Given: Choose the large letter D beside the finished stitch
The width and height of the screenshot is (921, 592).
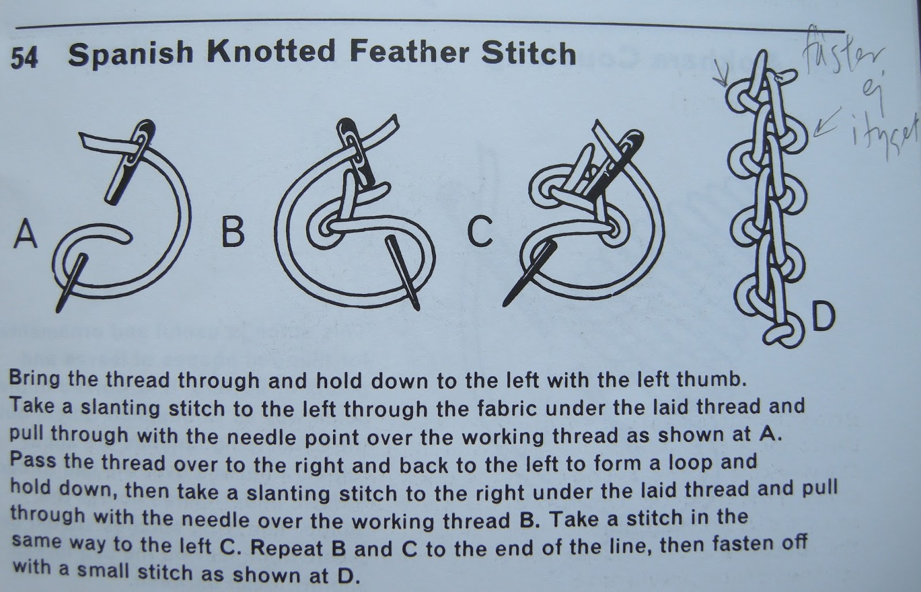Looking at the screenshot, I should click(821, 317).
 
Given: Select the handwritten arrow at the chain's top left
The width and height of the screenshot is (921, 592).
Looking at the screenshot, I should click(722, 87).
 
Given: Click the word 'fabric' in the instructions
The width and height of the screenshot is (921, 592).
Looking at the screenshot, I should click(488, 407).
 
